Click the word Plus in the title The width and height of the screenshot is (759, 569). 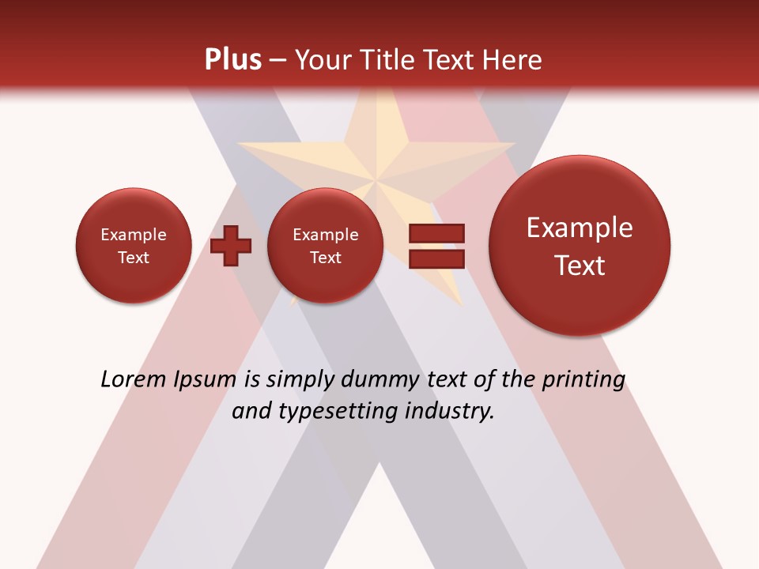coord(233,60)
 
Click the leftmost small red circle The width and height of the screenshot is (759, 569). coord(134,246)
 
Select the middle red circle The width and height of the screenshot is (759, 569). coord(325,246)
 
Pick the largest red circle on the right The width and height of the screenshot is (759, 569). coord(580,246)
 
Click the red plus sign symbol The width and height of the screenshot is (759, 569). coord(231,246)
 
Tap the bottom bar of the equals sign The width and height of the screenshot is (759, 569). coord(436,258)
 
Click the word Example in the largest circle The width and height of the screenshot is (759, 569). coord(580,228)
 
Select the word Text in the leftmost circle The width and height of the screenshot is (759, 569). coord(134,258)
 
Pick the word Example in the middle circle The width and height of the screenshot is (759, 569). coord(325,235)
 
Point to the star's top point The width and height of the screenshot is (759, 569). coord(376,93)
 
